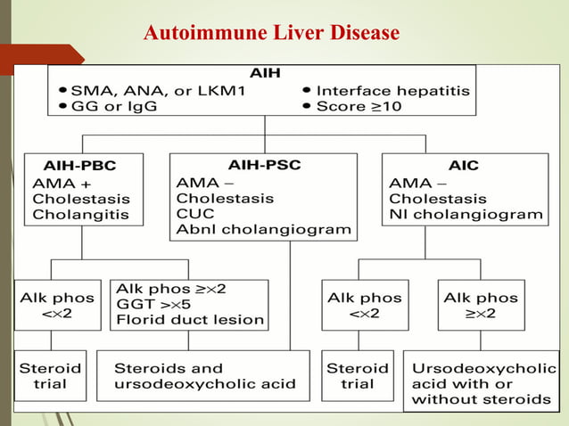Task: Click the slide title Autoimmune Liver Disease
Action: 270,34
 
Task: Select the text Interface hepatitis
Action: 392,91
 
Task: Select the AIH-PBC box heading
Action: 79,166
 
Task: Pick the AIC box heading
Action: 463,166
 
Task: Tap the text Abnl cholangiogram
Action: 263,231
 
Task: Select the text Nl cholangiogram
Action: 466,215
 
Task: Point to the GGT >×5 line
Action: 160,304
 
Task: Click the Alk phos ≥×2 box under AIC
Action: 482,304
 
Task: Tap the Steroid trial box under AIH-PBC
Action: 51,376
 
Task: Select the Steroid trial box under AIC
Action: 358,376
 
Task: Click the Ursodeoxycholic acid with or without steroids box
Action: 481,383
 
